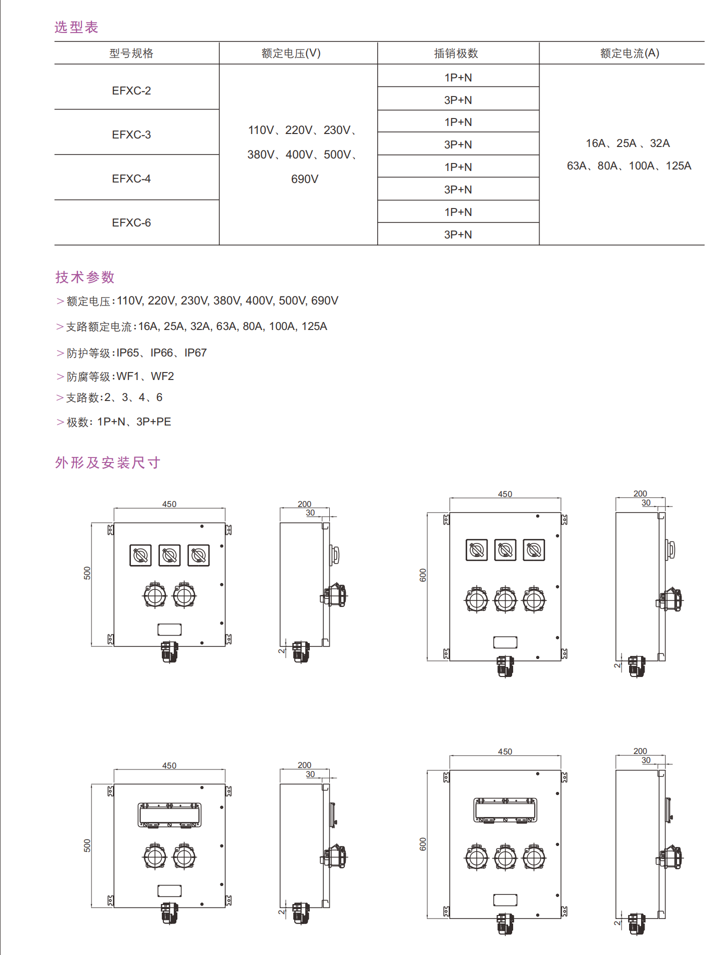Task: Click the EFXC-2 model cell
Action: point(131,90)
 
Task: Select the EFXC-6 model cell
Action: point(131,222)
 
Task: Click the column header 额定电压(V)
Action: point(291,53)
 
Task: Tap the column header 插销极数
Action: point(456,53)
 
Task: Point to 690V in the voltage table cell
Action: point(304,179)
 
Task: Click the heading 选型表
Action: point(76,27)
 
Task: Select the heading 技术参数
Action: point(85,277)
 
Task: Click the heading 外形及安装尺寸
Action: point(107,462)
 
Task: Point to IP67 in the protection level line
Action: point(195,353)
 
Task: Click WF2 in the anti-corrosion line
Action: point(162,376)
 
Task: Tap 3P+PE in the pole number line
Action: point(153,421)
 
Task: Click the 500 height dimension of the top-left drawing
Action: point(87,573)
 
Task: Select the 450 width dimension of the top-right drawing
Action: point(505,494)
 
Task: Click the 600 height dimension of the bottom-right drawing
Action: point(423,844)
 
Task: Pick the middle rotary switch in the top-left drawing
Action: point(169,555)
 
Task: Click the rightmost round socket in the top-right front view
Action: point(534,600)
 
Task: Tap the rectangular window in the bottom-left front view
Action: point(169,815)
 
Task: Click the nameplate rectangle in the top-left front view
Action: point(169,629)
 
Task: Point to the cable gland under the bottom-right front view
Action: point(505,924)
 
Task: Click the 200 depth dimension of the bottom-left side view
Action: point(304,765)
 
